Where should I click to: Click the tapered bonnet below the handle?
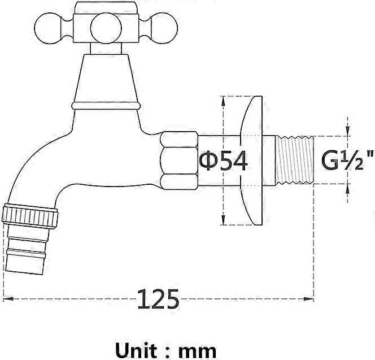(x=106, y=76)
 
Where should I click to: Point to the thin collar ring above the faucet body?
(x=106, y=105)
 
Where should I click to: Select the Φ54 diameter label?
(x=223, y=162)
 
